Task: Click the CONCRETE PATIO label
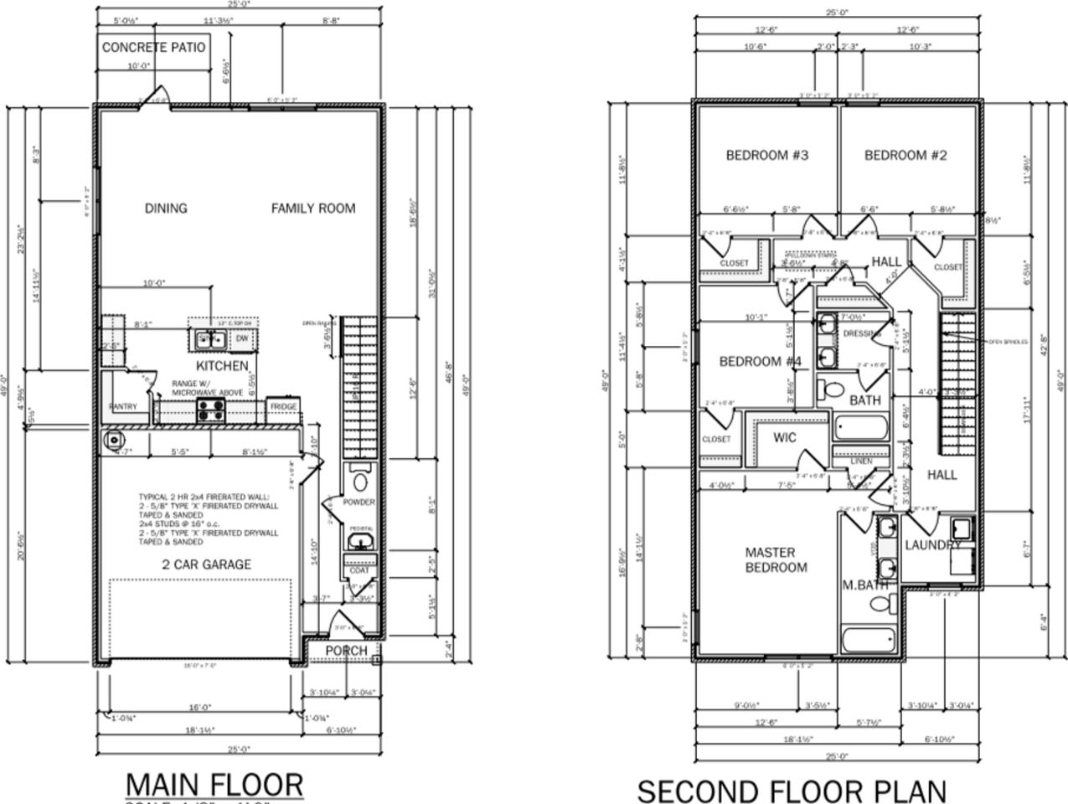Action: pyautogui.click(x=153, y=47)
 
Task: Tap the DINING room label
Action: pyautogui.click(x=166, y=208)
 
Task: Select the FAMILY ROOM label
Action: pyautogui.click(x=312, y=208)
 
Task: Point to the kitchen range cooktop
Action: pyautogui.click(x=210, y=410)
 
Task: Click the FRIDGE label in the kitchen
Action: pyautogui.click(x=282, y=407)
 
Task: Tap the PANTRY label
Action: pyautogui.click(x=122, y=407)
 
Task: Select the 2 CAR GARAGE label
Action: pyautogui.click(x=206, y=564)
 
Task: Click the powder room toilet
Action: pyautogui.click(x=360, y=479)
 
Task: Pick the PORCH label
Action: pyautogui.click(x=346, y=651)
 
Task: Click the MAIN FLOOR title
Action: pyautogui.click(x=214, y=785)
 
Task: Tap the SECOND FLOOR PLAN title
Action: pyautogui.click(x=792, y=791)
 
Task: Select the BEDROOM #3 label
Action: pyautogui.click(x=766, y=155)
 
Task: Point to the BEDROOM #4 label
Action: pyautogui.click(x=761, y=361)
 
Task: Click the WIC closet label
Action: pyautogui.click(x=784, y=437)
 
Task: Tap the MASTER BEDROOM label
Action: pyautogui.click(x=776, y=559)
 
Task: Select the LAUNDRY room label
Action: pyautogui.click(x=932, y=545)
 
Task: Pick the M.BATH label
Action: pyautogui.click(x=864, y=585)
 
